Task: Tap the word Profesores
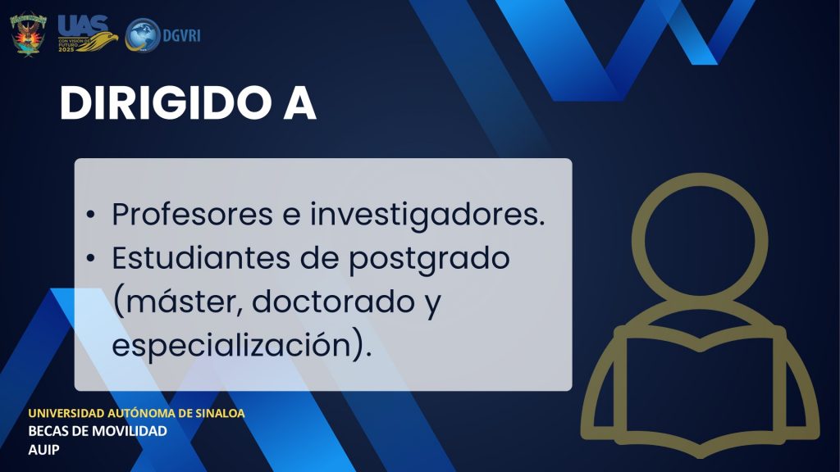(192, 214)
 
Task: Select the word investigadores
(427, 216)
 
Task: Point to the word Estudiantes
(202, 258)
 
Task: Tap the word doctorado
(333, 302)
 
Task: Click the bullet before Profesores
(90, 216)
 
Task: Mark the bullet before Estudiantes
(90, 258)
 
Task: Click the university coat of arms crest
(29, 34)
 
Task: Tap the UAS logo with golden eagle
(87, 33)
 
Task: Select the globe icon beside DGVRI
(142, 35)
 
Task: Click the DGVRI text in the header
(181, 36)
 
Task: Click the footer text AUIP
(44, 450)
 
